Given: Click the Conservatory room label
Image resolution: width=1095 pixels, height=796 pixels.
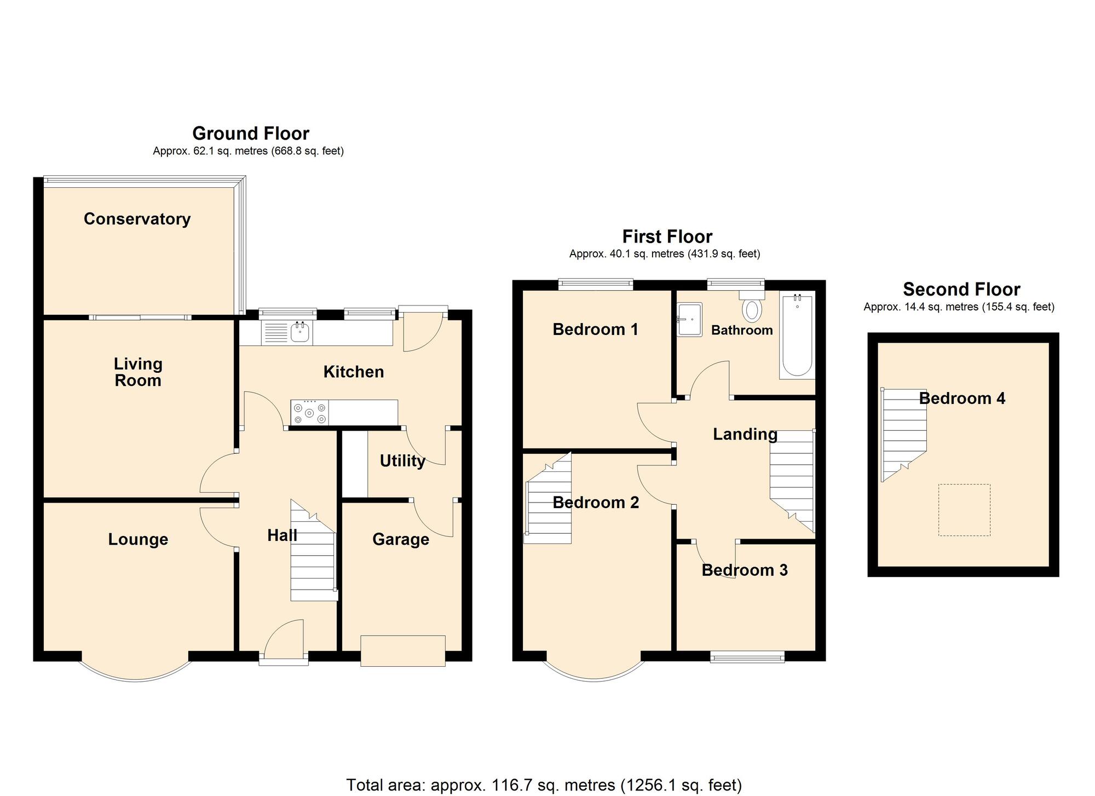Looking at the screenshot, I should [x=137, y=219].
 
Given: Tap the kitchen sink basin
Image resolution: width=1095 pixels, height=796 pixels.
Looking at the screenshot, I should [x=299, y=332].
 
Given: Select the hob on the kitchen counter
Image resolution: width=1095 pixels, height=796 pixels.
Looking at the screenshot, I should [x=310, y=413].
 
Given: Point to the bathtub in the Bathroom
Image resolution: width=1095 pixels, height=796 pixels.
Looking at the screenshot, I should [x=797, y=335].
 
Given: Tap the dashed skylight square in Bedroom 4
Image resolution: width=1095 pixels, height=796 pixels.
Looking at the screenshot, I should [x=964, y=510].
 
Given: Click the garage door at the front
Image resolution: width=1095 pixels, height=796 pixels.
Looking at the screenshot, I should [x=402, y=651].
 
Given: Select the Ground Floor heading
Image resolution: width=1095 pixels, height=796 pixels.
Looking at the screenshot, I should [x=251, y=133].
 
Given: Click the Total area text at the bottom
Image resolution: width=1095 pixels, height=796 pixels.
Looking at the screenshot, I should [x=544, y=785].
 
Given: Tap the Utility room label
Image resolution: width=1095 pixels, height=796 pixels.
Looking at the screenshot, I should [x=402, y=461].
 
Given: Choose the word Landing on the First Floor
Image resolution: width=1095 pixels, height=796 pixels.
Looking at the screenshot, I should [x=745, y=434].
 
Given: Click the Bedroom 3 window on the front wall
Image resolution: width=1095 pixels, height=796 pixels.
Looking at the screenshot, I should [x=747, y=657].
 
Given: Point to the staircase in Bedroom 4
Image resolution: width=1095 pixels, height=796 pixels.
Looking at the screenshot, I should [x=903, y=432].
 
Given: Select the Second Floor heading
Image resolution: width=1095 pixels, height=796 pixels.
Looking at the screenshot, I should [x=961, y=289].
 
